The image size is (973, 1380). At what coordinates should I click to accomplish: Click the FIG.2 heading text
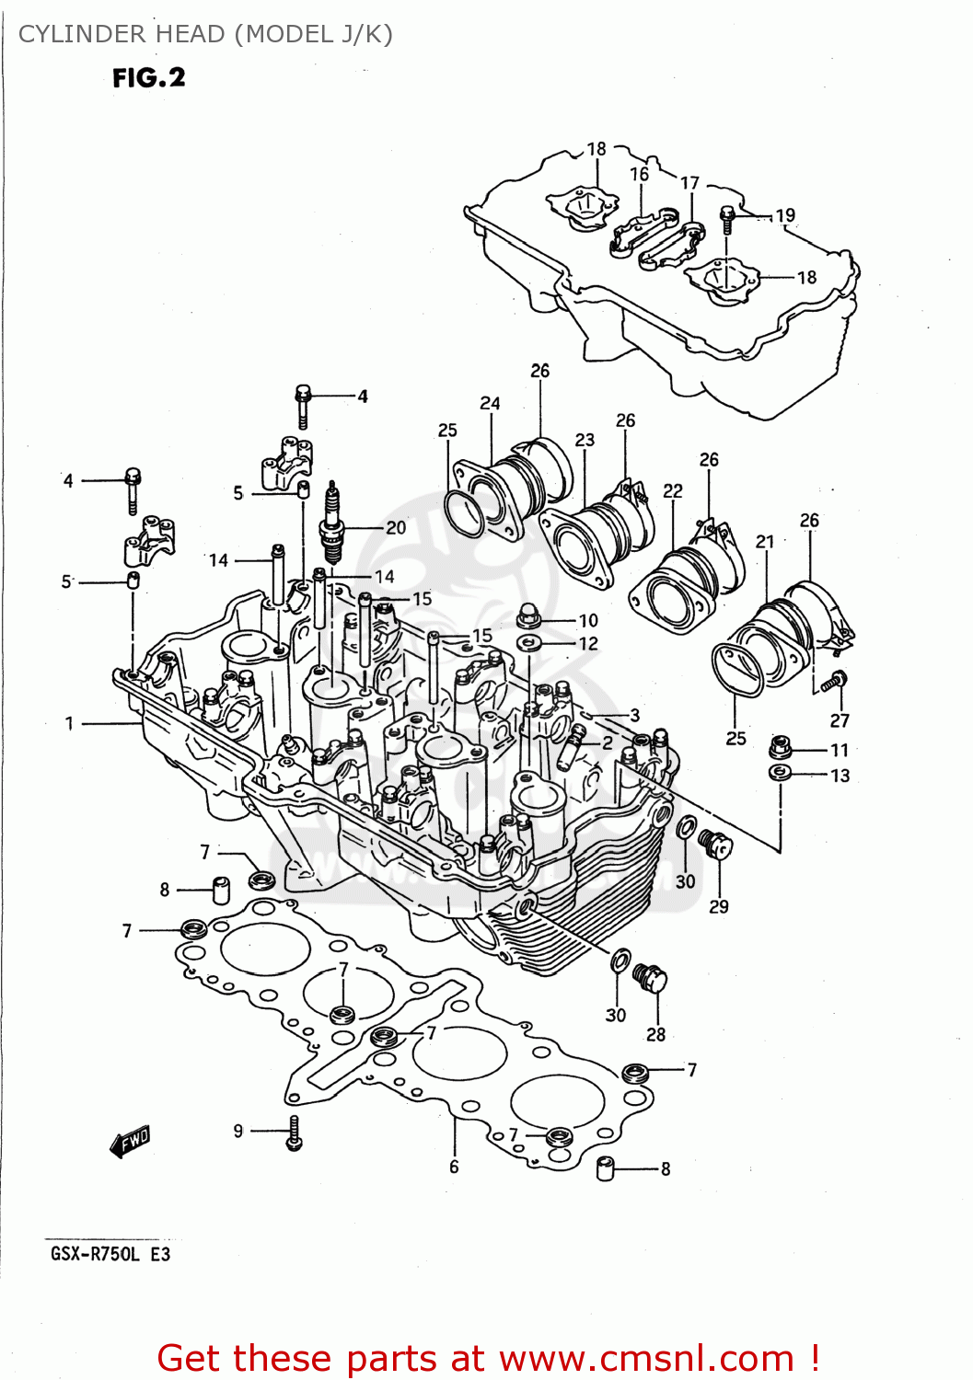click(148, 78)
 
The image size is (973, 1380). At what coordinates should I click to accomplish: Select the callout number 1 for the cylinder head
click(69, 724)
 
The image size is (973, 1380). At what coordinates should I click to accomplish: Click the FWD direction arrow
click(130, 1142)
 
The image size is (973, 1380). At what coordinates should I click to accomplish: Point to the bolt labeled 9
click(295, 1133)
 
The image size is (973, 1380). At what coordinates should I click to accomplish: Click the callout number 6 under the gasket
click(454, 1167)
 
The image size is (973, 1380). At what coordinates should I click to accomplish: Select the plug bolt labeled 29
click(714, 843)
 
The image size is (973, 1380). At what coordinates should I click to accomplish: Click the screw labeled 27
click(835, 682)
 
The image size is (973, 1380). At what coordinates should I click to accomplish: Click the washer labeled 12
click(528, 642)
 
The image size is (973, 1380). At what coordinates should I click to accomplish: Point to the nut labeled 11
click(781, 748)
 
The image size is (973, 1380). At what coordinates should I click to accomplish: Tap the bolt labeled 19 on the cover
click(726, 218)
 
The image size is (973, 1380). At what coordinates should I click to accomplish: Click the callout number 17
click(689, 183)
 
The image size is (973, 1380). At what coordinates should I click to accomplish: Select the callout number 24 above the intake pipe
click(490, 403)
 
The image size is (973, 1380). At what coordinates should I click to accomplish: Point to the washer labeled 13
click(780, 773)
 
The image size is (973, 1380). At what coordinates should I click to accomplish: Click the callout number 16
click(639, 174)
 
